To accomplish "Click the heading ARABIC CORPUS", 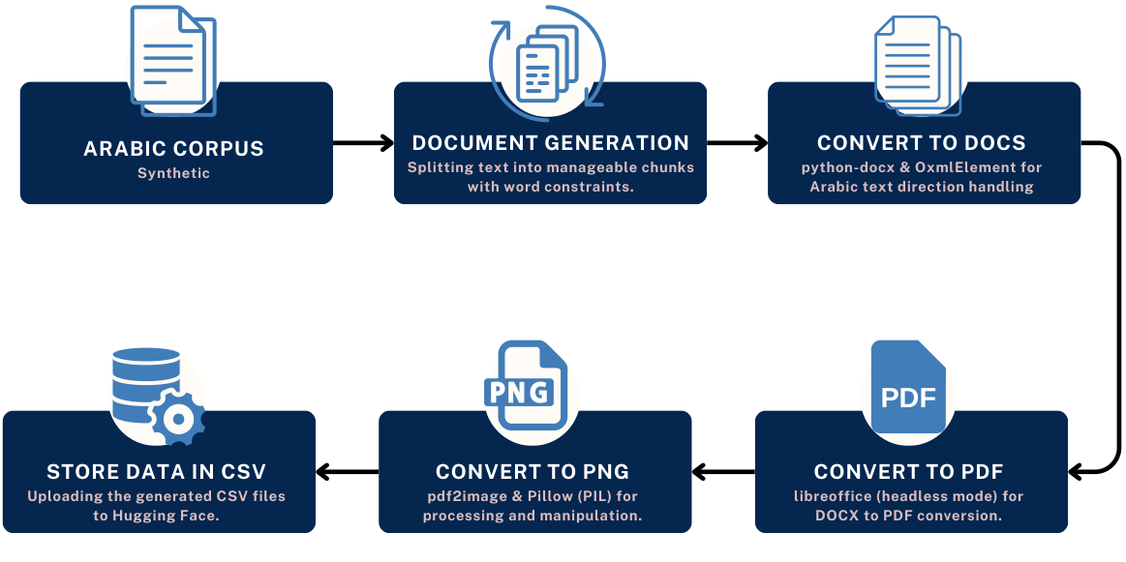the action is (173, 149).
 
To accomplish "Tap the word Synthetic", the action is (173, 173).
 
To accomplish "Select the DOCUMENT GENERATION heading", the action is (550, 143).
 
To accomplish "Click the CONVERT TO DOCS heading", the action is (922, 143).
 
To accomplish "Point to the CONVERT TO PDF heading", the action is (908, 472).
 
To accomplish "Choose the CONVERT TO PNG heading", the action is (533, 472).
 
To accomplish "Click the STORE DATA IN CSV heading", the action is (157, 472).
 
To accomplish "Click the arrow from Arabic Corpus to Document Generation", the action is (363, 143).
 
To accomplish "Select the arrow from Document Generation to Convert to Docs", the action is (738, 143).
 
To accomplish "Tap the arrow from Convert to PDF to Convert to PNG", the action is (723, 472).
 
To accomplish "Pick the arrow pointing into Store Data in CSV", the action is (347, 472).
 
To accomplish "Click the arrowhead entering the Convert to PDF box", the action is (1076, 472).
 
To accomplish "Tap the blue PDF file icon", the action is (908, 387).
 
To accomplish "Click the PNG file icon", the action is (527, 385).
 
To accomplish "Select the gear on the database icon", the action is (176, 418).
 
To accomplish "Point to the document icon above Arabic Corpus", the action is (172, 60).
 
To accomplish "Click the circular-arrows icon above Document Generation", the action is (547, 64).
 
